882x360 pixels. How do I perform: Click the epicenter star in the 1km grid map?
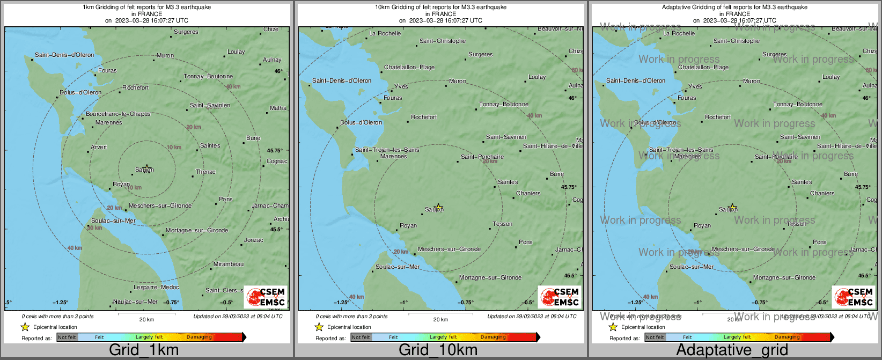click(x=147, y=168)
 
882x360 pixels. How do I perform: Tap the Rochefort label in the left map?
click(x=135, y=87)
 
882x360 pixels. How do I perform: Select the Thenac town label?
click(x=205, y=172)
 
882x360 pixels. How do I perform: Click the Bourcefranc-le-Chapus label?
click(x=118, y=114)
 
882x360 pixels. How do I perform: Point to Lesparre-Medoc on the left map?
click(x=156, y=288)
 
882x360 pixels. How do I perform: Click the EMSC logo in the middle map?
click(x=560, y=297)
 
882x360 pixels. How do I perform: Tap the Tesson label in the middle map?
click(x=502, y=224)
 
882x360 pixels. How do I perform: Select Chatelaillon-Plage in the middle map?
click(x=409, y=68)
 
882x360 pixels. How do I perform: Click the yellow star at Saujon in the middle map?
click(x=439, y=207)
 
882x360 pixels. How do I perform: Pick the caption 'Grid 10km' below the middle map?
click(x=438, y=350)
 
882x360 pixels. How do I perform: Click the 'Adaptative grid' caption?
click(x=732, y=350)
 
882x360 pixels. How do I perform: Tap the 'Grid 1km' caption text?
click(x=144, y=350)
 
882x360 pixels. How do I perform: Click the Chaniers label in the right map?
click(x=822, y=194)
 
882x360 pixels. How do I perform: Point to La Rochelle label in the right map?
click(x=679, y=33)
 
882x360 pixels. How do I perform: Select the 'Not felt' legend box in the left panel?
click(x=67, y=337)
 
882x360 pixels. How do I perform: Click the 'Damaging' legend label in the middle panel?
click(x=493, y=337)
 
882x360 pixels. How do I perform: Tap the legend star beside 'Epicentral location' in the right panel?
click(x=613, y=327)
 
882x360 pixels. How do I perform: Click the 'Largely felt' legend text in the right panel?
click(x=737, y=337)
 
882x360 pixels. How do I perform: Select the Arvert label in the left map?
click(x=99, y=148)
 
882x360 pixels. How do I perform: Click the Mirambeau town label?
click(x=228, y=265)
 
